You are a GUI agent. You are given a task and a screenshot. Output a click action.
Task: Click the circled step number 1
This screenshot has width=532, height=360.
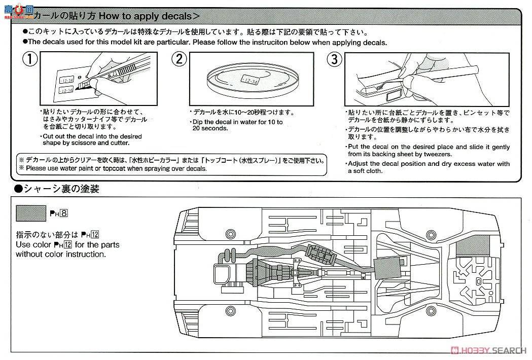(x=31, y=60)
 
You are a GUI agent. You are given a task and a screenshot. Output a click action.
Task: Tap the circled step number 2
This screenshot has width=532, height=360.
(x=178, y=60)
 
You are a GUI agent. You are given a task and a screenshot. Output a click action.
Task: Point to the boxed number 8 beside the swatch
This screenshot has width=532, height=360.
(x=64, y=212)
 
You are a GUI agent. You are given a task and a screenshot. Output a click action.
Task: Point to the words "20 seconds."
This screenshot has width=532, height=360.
(x=210, y=128)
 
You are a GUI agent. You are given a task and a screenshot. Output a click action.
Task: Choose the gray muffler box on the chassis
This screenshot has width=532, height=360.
(x=386, y=267)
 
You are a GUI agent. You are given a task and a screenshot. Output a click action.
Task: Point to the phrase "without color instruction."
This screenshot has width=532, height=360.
(x=61, y=254)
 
